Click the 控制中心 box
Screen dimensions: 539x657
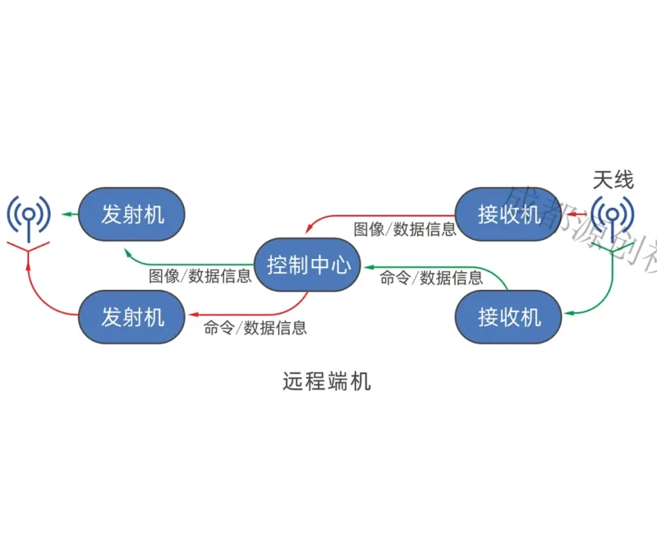(308, 265)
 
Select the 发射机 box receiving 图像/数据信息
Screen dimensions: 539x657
(132, 214)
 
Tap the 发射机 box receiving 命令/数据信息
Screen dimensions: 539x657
(132, 317)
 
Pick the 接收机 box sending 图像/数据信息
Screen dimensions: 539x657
(508, 214)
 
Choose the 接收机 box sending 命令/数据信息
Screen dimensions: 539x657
(508, 316)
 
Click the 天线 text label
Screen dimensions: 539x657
(613, 180)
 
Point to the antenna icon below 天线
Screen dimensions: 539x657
(612, 219)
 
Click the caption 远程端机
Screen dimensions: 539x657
(327, 381)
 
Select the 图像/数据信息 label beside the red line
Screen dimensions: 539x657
(405, 229)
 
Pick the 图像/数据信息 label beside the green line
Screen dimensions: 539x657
(200, 276)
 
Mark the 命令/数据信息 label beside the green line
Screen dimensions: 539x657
(431, 279)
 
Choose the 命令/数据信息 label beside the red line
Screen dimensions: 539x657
(255, 328)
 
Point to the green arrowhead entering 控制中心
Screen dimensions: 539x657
(366, 266)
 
